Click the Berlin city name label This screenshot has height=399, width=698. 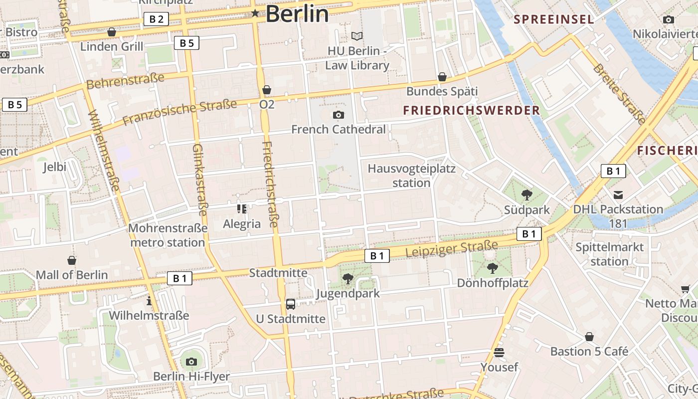click(297, 14)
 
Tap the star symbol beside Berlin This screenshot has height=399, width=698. click(255, 13)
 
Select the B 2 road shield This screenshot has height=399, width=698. click(156, 19)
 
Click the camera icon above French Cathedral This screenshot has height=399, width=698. click(339, 115)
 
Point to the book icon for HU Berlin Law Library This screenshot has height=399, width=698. click(357, 36)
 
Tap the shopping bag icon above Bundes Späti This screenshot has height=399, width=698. click(442, 77)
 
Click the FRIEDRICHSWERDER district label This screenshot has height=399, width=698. click(472, 110)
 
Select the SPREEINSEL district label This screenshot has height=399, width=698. click(554, 19)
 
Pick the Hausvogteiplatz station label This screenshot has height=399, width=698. click(411, 176)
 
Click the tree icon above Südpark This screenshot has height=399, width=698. click(526, 195)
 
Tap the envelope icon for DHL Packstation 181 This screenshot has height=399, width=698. click(618, 195)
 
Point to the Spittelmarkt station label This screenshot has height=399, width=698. click(609, 254)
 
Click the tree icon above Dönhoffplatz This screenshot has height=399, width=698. click(493, 268)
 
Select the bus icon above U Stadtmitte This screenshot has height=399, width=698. click(290, 304)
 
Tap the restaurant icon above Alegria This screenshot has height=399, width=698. click(242, 209)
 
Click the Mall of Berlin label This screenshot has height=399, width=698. click(72, 275)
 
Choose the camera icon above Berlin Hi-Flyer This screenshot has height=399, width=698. click(191, 362)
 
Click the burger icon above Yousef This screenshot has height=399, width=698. click(499, 353)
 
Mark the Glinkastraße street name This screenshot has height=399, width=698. click(199, 180)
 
